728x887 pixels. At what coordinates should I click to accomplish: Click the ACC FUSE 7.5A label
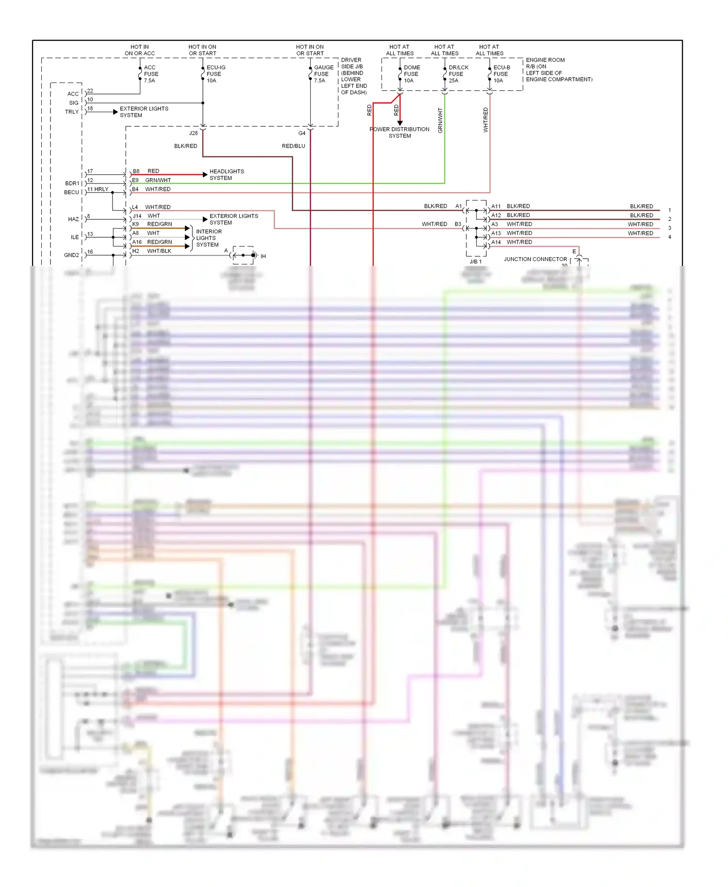[150, 74]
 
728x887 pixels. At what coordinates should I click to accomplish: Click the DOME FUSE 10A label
[411, 74]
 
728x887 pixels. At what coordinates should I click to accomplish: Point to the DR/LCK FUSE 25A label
[458, 74]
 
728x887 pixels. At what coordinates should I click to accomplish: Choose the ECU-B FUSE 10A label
[501, 74]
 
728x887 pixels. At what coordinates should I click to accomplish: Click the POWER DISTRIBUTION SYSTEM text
[399, 132]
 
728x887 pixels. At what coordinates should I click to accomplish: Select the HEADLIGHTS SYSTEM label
[226, 175]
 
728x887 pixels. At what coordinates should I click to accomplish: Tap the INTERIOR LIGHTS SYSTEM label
[208, 238]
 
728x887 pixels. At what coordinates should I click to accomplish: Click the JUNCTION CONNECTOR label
[535, 259]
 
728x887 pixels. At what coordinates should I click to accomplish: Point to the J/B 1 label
[476, 262]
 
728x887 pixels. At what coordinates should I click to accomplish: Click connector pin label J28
[193, 133]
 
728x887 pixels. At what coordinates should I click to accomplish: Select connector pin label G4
[301, 133]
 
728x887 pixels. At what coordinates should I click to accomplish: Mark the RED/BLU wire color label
[293, 146]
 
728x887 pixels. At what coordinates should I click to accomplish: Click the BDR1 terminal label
[72, 183]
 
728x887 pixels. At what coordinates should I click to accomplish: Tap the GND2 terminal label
[71, 255]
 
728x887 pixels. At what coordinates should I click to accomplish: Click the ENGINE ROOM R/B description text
[558, 70]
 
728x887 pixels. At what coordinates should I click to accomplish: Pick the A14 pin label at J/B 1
[496, 242]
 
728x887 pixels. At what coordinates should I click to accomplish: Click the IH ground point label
[263, 256]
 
